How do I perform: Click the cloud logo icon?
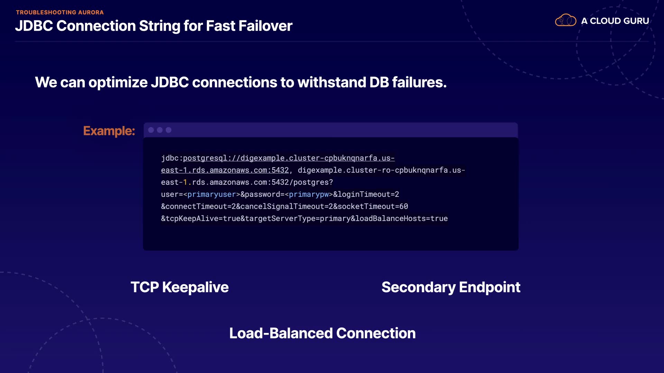565,20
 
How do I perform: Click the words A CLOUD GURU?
615,21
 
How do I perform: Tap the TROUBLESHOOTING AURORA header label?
60,12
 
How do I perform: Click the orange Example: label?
109,131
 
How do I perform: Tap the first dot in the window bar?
151,130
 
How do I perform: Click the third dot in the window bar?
168,130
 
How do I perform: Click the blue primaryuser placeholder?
211,194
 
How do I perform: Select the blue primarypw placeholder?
308,194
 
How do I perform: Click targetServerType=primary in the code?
298,219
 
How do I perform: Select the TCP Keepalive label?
179,287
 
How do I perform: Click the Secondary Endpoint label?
451,287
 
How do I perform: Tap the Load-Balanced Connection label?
322,333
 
